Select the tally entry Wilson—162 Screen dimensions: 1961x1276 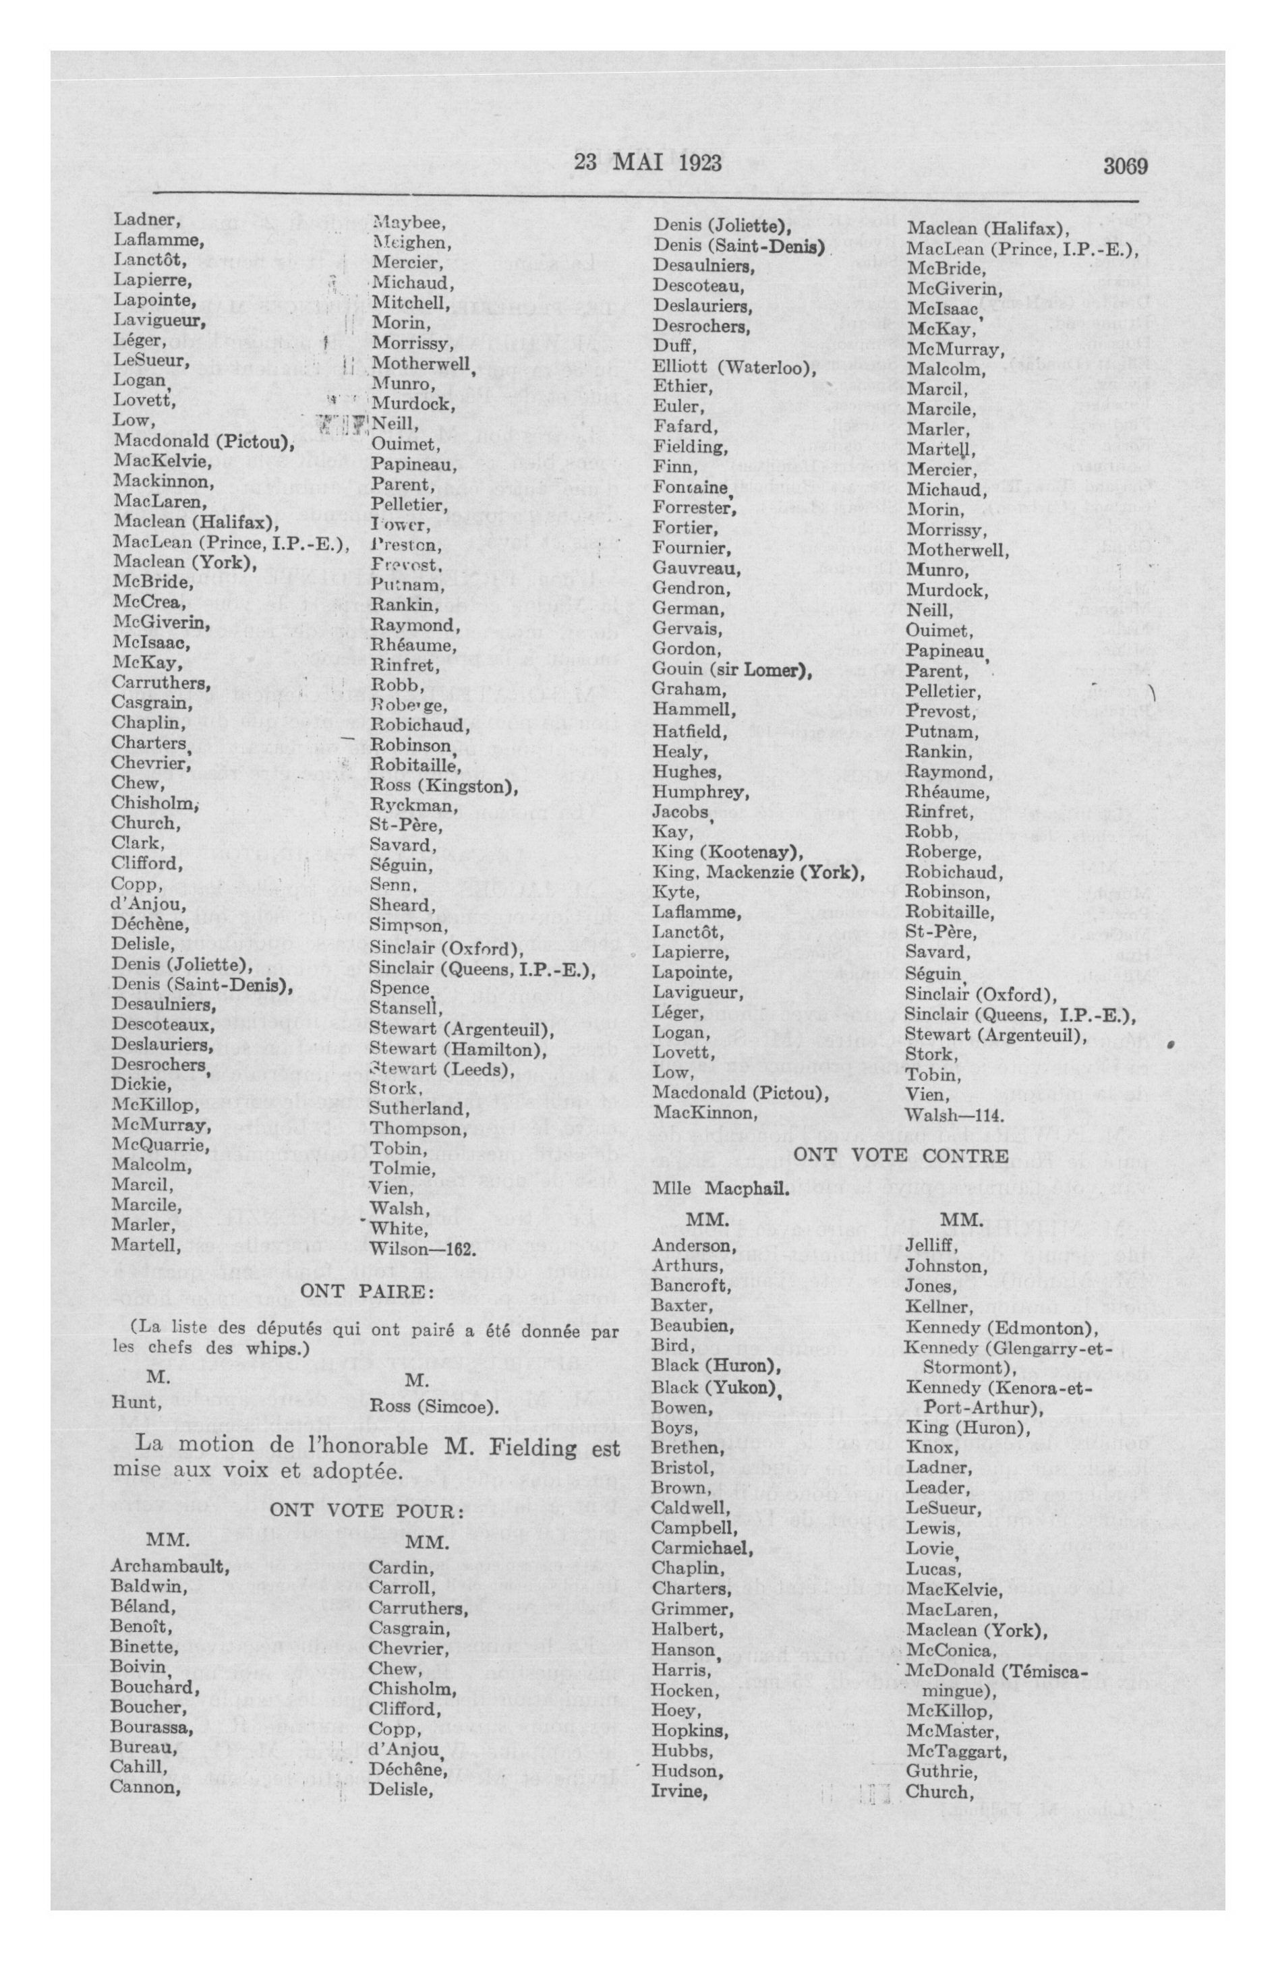pos(423,1248)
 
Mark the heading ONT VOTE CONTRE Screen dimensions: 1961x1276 pos(900,1155)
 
